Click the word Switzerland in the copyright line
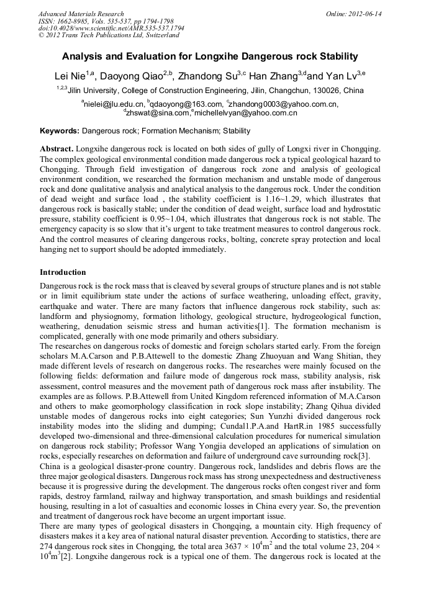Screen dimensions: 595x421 click(158, 36)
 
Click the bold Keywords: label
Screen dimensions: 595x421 click(60, 131)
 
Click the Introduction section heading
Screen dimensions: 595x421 click(63, 272)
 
